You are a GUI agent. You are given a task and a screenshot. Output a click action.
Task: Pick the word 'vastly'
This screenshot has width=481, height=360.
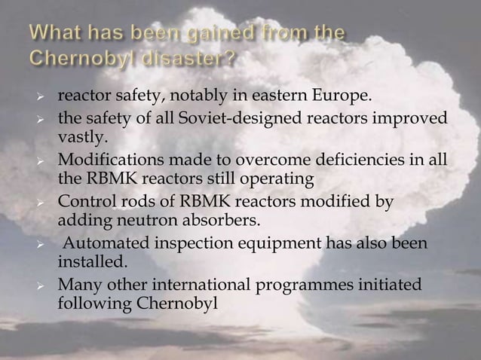80,137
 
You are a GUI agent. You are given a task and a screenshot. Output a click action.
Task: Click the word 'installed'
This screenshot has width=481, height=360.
87,262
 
